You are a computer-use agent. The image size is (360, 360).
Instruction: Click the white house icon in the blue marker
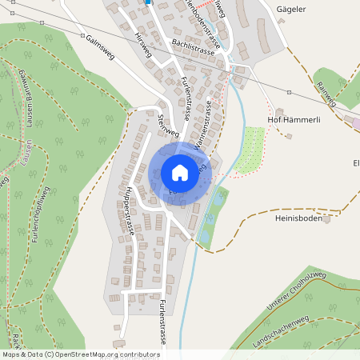[x=179, y=172]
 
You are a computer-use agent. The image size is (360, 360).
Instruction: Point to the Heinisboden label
[x=298, y=216]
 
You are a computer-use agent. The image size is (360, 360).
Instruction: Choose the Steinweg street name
[x=166, y=124]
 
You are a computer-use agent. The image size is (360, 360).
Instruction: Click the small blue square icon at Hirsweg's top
[x=148, y=2]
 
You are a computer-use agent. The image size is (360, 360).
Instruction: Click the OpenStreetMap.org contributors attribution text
[x=104, y=354]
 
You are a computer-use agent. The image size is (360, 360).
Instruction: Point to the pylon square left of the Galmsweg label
[x=82, y=36]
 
